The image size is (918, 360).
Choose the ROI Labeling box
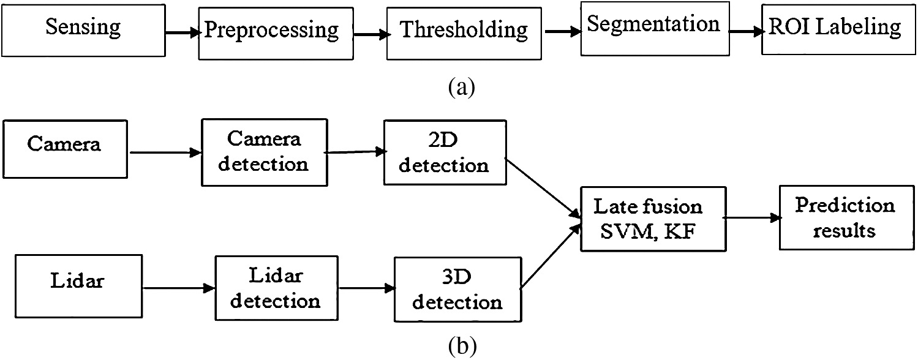(834, 28)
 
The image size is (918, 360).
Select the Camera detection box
(264, 152)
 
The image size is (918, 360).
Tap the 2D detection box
(445, 152)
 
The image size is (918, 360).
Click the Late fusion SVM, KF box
(652, 219)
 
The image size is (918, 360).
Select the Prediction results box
(845, 219)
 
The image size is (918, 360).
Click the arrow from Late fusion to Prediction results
(751, 218)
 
